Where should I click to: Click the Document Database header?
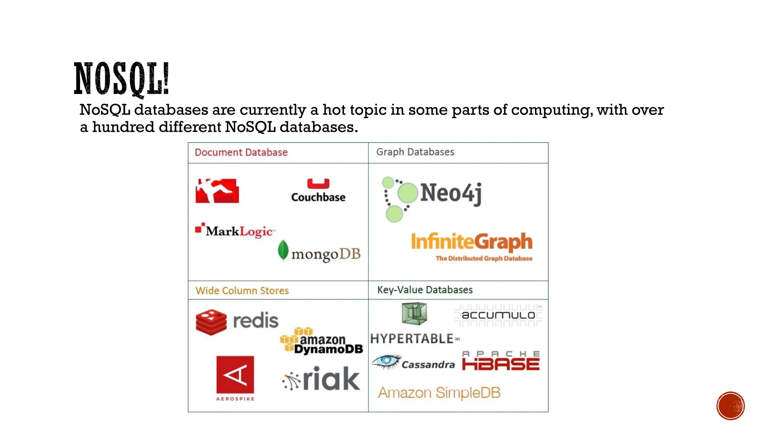pyautogui.click(x=241, y=153)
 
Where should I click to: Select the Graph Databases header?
pyautogui.click(x=415, y=152)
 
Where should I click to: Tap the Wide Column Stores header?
pyautogui.click(x=242, y=291)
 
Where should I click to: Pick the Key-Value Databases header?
pyautogui.click(x=425, y=290)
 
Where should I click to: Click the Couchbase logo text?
pyautogui.click(x=318, y=197)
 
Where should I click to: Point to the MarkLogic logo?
pyautogui.click(x=236, y=230)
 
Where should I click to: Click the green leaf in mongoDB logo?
pyautogui.click(x=283, y=250)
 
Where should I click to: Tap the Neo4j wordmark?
pyautogui.click(x=451, y=193)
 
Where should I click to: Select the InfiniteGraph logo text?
pyautogui.click(x=471, y=242)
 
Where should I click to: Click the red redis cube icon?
pyautogui.click(x=211, y=322)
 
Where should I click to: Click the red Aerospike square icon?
pyautogui.click(x=235, y=375)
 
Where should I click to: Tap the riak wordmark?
pyautogui.click(x=331, y=379)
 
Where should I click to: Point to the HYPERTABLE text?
pyautogui.click(x=412, y=339)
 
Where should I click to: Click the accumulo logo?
pyautogui.click(x=498, y=315)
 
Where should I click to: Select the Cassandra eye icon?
pyautogui.click(x=386, y=361)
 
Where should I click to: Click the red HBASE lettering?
pyautogui.click(x=501, y=364)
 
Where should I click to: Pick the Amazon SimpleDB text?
pyautogui.click(x=439, y=393)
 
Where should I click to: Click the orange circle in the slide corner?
pyautogui.click(x=730, y=406)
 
